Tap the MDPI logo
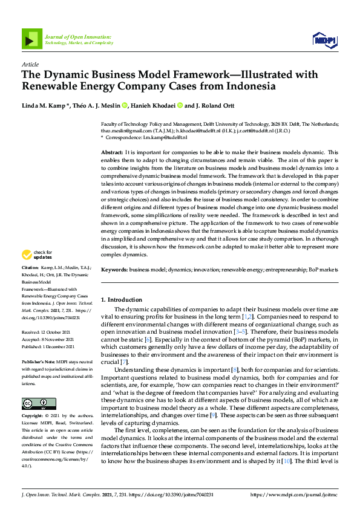(324, 40)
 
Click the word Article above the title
(30, 64)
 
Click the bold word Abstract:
(112, 152)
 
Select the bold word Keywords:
(114, 270)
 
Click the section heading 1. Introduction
(121, 299)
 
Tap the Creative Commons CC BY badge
(39, 403)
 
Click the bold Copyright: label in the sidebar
(34, 417)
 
